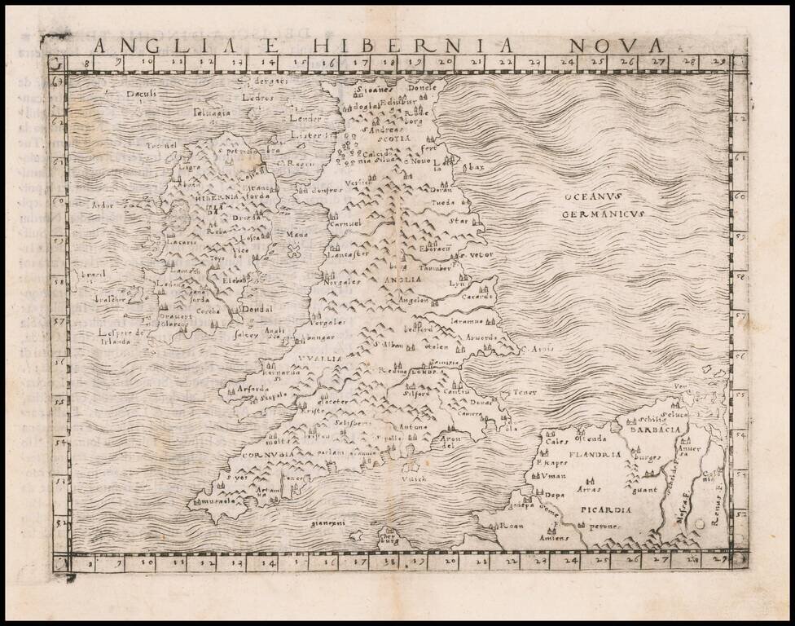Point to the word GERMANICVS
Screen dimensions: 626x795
tap(603, 214)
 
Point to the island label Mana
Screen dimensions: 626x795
tap(295, 235)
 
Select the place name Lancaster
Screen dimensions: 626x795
tap(347, 254)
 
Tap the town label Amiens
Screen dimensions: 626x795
tap(553, 540)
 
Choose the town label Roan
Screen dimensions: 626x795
tap(510, 527)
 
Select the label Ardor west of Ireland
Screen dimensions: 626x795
tap(104, 205)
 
